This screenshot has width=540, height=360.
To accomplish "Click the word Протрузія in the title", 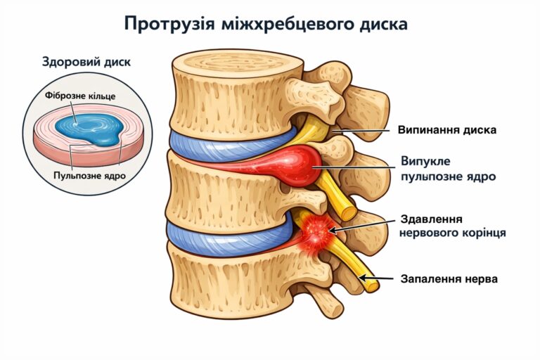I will (167, 24).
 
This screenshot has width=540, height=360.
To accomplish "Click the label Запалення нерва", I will (449, 279).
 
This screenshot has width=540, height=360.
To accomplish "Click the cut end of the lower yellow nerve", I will (370, 284).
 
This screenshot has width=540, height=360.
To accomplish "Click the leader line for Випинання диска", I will (362, 130).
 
